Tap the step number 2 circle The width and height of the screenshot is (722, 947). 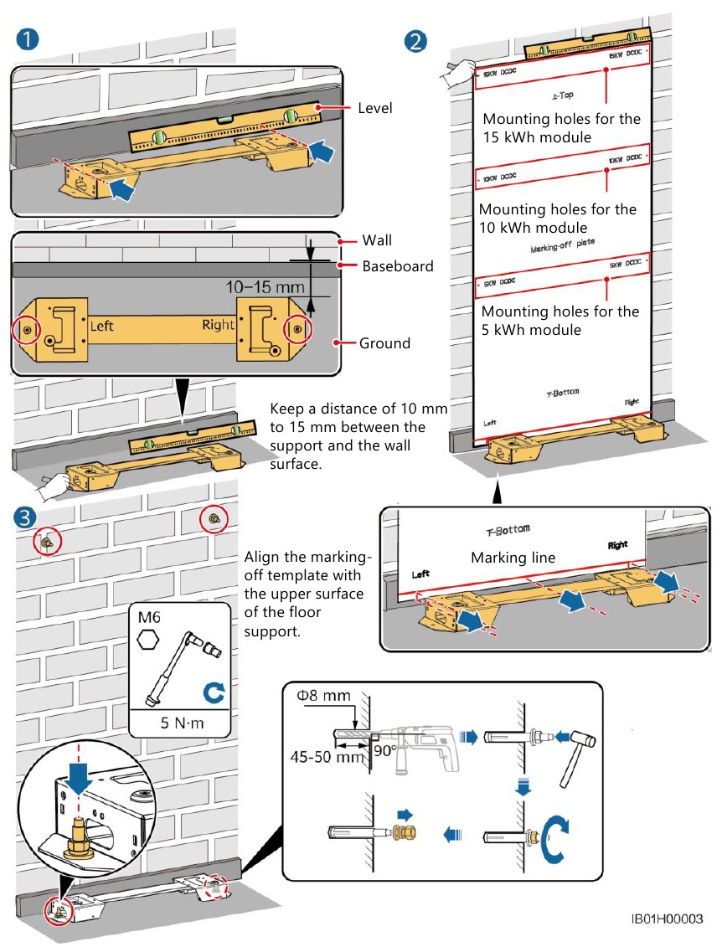coord(415,39)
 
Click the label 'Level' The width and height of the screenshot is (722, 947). coord(374,108)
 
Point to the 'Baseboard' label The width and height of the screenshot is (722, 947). coord(397,266)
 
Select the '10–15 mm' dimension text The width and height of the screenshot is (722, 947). coord(266,287)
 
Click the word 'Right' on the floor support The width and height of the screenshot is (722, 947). coord(218,325)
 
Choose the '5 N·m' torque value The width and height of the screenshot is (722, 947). coord(179,723)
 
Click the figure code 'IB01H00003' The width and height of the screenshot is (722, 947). coord(667,919)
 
